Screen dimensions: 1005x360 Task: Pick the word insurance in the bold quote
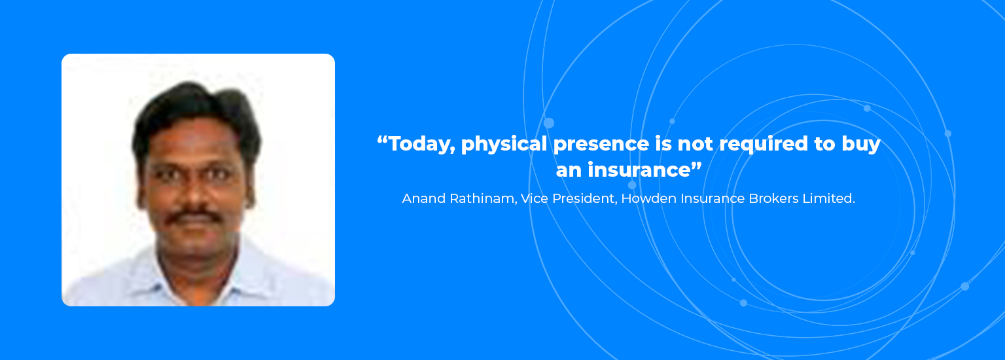(639, 170)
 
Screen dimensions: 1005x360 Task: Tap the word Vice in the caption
(535, 198)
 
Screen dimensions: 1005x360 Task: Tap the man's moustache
(195, 217)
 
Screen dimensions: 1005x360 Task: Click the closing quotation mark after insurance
(696, 164)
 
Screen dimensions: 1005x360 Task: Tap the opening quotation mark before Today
(382, 139)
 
